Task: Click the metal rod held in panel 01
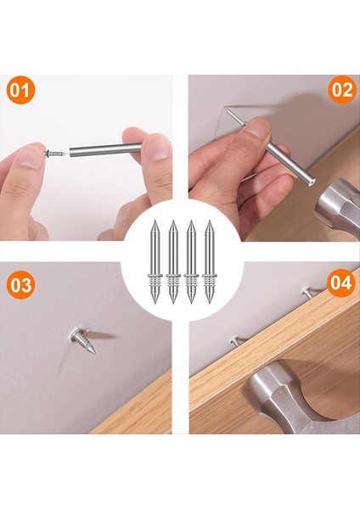pyautogui.click(x=102, y=150)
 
